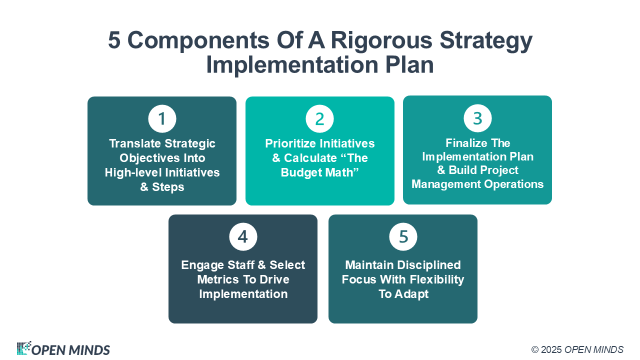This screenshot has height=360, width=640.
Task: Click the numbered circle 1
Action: (x=162, y=119)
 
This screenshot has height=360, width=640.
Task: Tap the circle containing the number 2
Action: (x=319, y=119)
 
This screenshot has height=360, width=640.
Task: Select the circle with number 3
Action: (x=477, y=118)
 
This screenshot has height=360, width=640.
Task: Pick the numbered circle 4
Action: (x=243, y=236)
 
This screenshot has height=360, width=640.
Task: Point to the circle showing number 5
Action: (x=403, y=236)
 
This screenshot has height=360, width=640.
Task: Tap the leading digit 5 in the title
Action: (x=114, y=41)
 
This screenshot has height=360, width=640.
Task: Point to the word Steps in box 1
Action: (x=168, y=187)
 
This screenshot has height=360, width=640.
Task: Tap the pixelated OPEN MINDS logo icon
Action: (x=23, y=348)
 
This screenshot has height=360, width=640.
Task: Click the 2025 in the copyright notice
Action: (x=551, y=349)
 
